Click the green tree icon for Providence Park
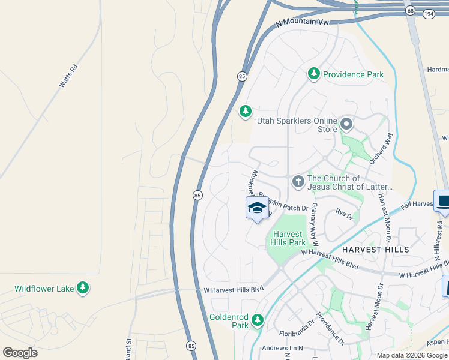pyautogui.click(x=313, y=74)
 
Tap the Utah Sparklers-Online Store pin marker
pyautogui.click(x=346, y=124)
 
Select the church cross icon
pyautogui.click(x=298, y=181)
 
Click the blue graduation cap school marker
pyautogui.click(x=257, y=208)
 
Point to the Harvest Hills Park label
pyautogui.click(x=291, y=238)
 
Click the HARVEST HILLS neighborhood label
pyautogui.click(x=376, y=249)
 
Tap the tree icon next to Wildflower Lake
pyautogui.click(x=83, y=289)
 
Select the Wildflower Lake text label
pyautogui.click(x=44, y=289)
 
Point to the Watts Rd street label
pyautogui.click(x=68, y=76)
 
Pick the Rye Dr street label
pyautogui.click(x=344, y=212)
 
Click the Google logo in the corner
pyautogui.click(x=20, y=352)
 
